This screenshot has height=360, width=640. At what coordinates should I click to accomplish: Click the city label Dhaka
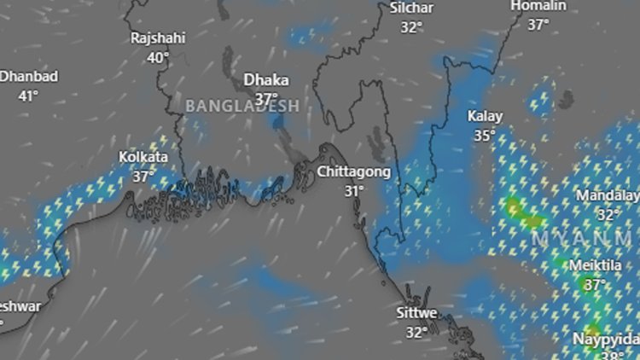click(266, 79)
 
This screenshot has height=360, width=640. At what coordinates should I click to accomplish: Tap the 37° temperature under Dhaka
click(266, 99)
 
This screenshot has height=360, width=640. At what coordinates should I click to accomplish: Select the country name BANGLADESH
click(242, 107)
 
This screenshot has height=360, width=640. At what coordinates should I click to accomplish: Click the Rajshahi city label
click(158, 38)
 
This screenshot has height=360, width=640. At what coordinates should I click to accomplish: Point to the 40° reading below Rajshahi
click(158, 58)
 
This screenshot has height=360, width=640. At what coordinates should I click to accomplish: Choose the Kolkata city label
click(143, 158)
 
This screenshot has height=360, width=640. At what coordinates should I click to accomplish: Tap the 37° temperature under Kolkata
click(143, 177)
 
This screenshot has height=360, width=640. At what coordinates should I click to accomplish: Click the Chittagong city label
click(354, 171)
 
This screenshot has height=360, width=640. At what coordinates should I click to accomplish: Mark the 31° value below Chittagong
click(354, 191)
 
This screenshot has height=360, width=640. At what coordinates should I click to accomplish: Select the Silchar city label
click(411, 8)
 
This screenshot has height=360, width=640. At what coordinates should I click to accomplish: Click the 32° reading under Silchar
click(411, 27)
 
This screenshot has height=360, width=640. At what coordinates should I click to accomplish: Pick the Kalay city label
click(486, 116)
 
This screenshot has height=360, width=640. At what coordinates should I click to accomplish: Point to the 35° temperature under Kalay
click(486, 136)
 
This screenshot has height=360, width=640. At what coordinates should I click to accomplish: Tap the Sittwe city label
click(417, 313)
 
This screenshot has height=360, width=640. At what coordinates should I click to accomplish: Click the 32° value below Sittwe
click(417, 333)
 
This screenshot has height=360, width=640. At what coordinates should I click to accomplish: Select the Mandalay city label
click(607, 195)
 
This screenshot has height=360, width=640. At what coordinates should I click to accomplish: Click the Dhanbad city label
click(29, 77)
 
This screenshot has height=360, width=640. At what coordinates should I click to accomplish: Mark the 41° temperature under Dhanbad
click(28, 96)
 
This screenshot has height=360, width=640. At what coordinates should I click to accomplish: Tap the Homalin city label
click(538, 6)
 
